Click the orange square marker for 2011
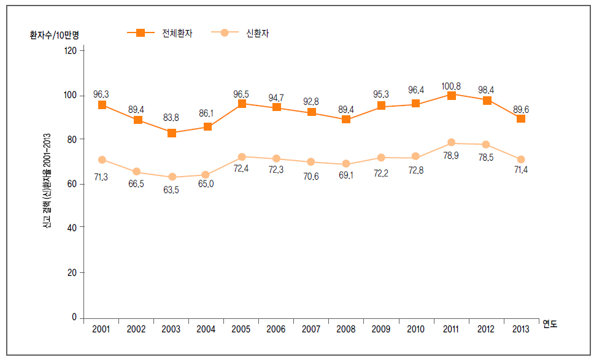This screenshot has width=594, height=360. click(452, 96)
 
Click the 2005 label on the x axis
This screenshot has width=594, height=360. click(241, 329)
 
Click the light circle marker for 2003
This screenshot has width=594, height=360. click(172, 177)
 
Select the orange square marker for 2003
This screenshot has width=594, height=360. click(172, 132)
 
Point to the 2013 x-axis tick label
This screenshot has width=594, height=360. click(520, 329)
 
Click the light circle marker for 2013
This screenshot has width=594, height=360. click(521, 159)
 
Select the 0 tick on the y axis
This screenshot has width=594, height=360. click(74, 318)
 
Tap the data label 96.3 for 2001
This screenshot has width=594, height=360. click(102, 94)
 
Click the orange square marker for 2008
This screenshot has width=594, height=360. click(346, 119)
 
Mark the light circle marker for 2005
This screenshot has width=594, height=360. click(242, 157)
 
